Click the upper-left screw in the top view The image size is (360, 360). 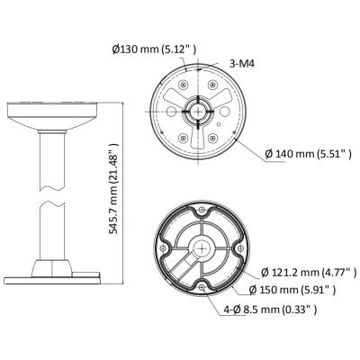pos(173,93)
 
